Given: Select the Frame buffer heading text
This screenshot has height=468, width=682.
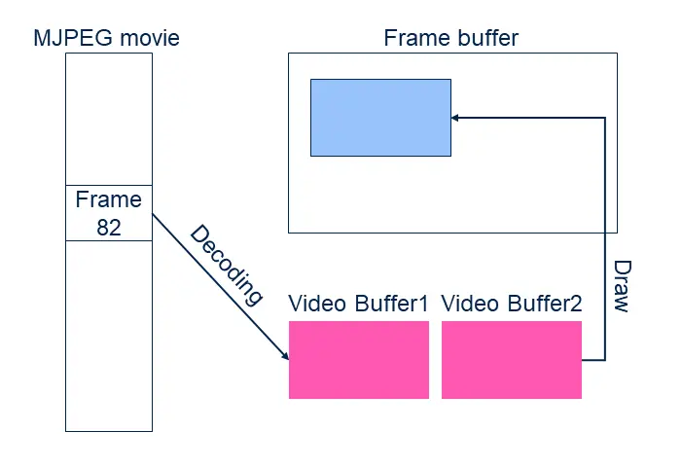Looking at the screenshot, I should pyautogui.click(x=451, y=39).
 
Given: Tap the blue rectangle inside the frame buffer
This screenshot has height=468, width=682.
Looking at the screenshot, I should pyautogui.click(x=380, y=117).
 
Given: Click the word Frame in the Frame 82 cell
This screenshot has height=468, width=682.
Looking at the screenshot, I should pyautogui.click(x=108, y=199).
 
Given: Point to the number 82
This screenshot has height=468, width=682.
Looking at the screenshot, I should pyautogui.click(x=108, y=227).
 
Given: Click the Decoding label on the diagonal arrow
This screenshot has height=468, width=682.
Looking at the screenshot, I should pyautogui.click(x=227, y=265).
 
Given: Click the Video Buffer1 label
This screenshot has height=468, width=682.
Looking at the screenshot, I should pyautogui.click(x=358, y=304).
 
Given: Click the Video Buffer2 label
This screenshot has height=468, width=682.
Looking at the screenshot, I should pyautogui.click(x=512, y=304).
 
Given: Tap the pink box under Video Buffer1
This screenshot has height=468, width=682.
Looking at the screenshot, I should pyautogui.click(x=358, y=359).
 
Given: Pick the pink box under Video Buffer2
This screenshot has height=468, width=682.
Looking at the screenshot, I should pyautogui.click(x=512, y=359).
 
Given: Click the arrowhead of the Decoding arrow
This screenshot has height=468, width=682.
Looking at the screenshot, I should pyautogui.click(x=285, y=356).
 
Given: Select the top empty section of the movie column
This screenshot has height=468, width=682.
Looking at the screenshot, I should pyautogui.click(x=108, y=119).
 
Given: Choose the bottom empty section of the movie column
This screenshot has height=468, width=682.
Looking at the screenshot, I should pyautogui.click(x=108, y=336).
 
